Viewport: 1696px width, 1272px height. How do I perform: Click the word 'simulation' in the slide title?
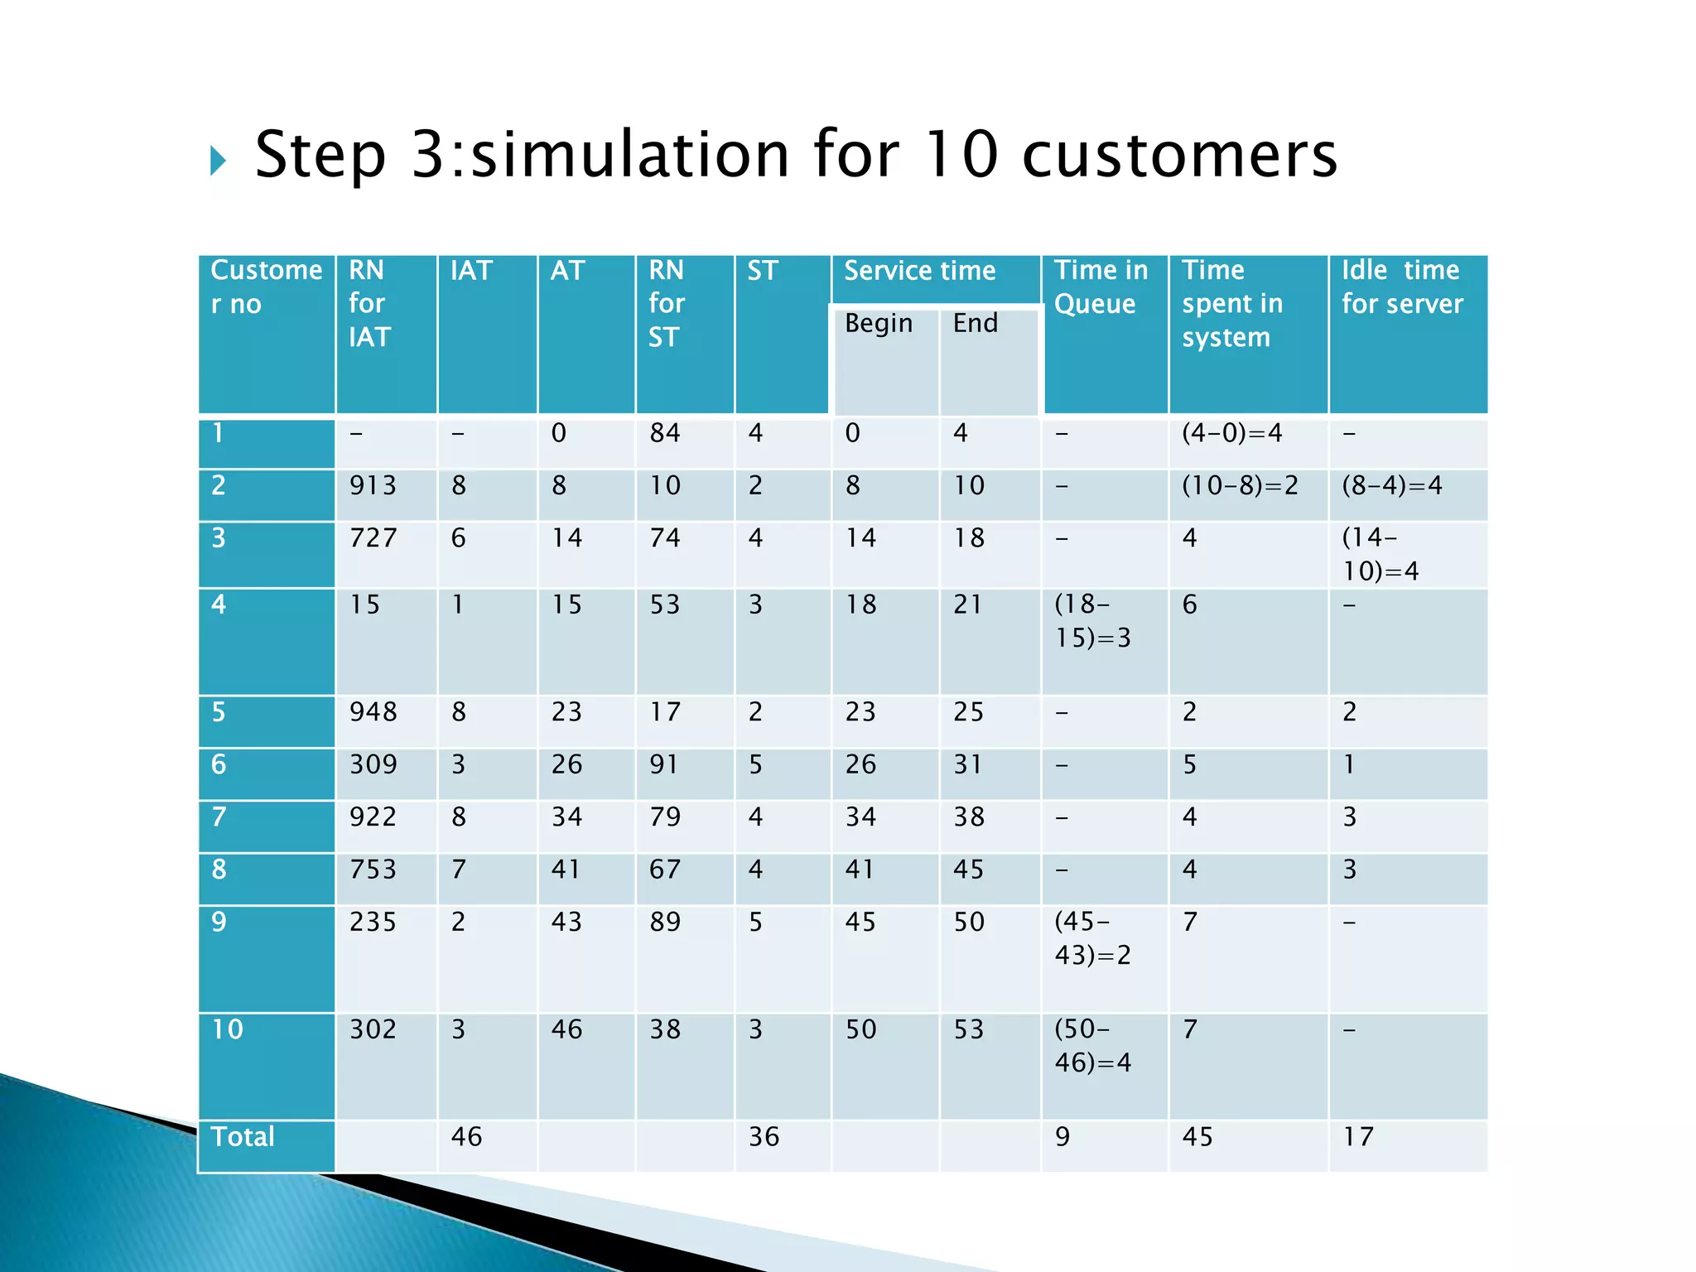(629, 155)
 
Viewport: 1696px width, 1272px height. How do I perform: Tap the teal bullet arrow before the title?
(218, 161)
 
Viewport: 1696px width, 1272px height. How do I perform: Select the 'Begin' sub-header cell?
(879, 323)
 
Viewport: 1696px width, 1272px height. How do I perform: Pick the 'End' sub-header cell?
(976, 323)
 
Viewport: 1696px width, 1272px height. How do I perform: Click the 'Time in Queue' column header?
(1101, 287)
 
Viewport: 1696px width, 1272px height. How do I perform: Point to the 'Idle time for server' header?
(1402, 287)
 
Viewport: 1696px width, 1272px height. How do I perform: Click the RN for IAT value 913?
(373, 485)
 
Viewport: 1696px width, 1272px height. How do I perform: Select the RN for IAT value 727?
(373, 538)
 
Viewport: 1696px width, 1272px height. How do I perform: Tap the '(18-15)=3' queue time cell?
(1092, 621)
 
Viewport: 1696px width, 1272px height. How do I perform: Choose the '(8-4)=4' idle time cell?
(1392, 485)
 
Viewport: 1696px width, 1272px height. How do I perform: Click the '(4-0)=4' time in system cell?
(1231, 433)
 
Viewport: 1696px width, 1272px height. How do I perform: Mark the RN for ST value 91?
(664, 764)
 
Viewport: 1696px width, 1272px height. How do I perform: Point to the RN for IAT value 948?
(373, 712)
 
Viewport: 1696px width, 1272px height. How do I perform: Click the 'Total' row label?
(243, 1137)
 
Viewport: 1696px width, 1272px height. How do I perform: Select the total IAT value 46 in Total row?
(466, 1137)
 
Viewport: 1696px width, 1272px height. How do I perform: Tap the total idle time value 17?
(1358, 1137)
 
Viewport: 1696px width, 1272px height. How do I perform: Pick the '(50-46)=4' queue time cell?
(1092, 1046)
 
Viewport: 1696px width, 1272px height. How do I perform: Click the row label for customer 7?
(219, 817)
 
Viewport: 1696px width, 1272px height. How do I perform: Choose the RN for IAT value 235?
(373, 922)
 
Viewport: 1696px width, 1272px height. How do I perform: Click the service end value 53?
(969, 1029)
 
